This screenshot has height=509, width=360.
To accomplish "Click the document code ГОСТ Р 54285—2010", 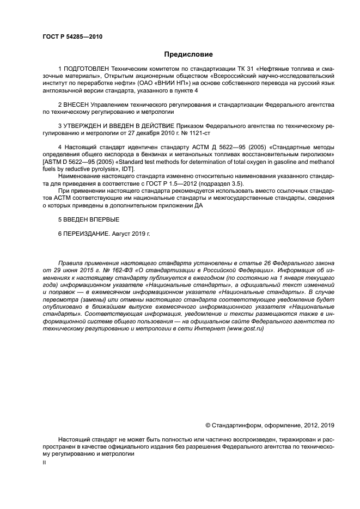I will [72, 37].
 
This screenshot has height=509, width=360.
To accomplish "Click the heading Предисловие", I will [188, 54].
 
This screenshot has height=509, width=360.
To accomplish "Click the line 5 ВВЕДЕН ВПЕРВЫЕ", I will [88, 218].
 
